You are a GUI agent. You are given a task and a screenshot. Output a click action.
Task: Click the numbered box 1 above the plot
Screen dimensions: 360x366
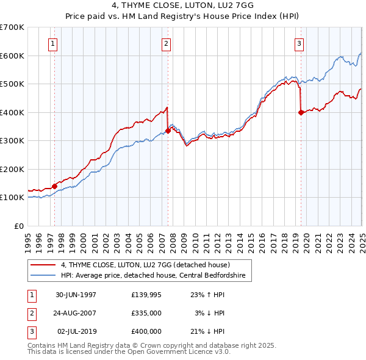(54, 43)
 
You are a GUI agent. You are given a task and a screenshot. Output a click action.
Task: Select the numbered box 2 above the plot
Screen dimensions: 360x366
(167, 43)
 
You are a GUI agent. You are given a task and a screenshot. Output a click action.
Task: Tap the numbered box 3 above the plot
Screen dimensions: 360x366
(300, 43)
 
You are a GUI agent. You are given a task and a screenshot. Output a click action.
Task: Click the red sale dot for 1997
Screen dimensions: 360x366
(54, 186)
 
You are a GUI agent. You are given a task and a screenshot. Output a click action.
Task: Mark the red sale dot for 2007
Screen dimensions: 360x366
(168, 131)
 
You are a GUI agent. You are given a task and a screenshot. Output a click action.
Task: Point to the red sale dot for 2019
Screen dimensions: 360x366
(301, 112)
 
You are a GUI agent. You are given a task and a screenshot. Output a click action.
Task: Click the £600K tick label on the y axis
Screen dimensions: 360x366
(12, 56)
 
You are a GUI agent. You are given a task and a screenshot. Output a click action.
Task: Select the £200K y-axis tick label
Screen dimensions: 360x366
(12, 169)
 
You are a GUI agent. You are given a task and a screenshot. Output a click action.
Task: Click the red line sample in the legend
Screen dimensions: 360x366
(43, 265)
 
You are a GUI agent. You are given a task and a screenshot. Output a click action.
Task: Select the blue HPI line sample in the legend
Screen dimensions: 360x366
(43, 275)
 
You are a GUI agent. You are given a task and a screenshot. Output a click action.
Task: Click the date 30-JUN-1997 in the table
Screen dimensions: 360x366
(76, 295)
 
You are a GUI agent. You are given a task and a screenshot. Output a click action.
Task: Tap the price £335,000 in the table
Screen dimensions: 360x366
(146, 313)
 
